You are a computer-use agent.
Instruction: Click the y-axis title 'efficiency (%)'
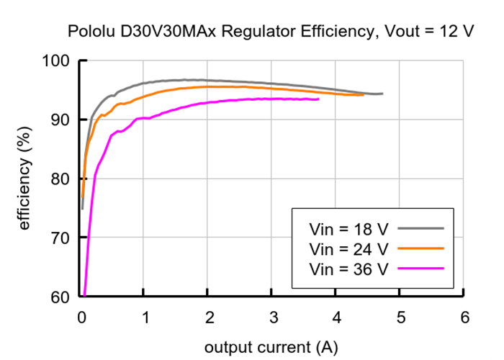[24, 178]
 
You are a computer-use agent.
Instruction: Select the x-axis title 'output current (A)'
[271, 347]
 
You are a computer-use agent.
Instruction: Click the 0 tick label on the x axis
[81, 318]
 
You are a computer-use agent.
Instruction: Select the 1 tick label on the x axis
[145, 318]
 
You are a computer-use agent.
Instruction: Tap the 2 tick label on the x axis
[209, 318]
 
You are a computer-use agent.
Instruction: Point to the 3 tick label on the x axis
[273, 318]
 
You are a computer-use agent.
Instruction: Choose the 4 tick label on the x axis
[336, 318]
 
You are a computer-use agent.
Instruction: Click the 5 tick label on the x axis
[400, 318]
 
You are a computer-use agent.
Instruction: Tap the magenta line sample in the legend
[420, 269]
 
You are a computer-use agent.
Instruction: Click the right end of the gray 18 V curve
[382, 94]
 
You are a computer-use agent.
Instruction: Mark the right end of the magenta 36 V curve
[318, 99]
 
